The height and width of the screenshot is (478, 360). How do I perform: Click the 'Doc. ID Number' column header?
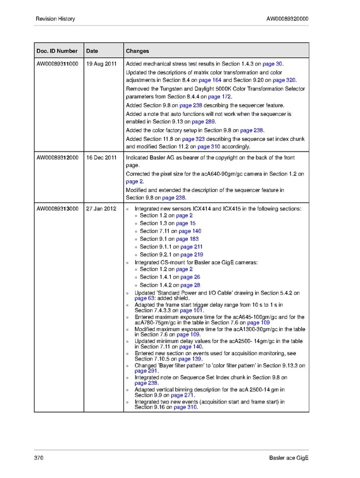pos(57,51)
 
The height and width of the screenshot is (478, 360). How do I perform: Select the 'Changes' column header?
pos(137,51)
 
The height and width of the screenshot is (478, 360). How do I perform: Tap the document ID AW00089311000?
pos(57,64)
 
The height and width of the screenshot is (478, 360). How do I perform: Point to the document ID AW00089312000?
pos(57,158)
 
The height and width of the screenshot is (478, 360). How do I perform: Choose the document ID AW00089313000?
pos(57,208)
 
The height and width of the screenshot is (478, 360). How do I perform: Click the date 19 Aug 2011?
pos(101,64)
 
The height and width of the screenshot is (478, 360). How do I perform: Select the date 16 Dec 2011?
pos(101,158)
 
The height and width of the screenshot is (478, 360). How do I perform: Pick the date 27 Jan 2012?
pos(101,208)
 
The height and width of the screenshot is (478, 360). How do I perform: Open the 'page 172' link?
pos(219,97)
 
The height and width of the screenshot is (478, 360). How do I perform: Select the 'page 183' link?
pos(187,239)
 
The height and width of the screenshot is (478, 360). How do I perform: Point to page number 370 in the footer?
pos(38,458)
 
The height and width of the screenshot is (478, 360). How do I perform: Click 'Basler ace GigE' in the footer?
pos(288,458)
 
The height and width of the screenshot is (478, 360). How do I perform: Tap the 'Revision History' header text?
pos(55,19)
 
